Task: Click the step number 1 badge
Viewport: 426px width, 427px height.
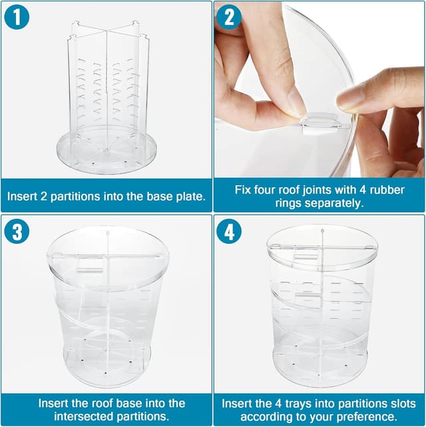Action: point(17,17)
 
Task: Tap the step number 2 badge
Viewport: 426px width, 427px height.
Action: point(229,17)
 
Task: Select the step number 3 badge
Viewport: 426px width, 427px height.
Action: point(17,231)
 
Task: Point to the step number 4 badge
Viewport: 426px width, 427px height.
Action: point(229,231)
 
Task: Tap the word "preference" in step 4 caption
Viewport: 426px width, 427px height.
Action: point(368,417)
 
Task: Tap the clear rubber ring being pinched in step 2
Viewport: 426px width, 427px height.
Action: point(321,121)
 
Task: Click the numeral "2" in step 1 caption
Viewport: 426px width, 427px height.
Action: point(43,197)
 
